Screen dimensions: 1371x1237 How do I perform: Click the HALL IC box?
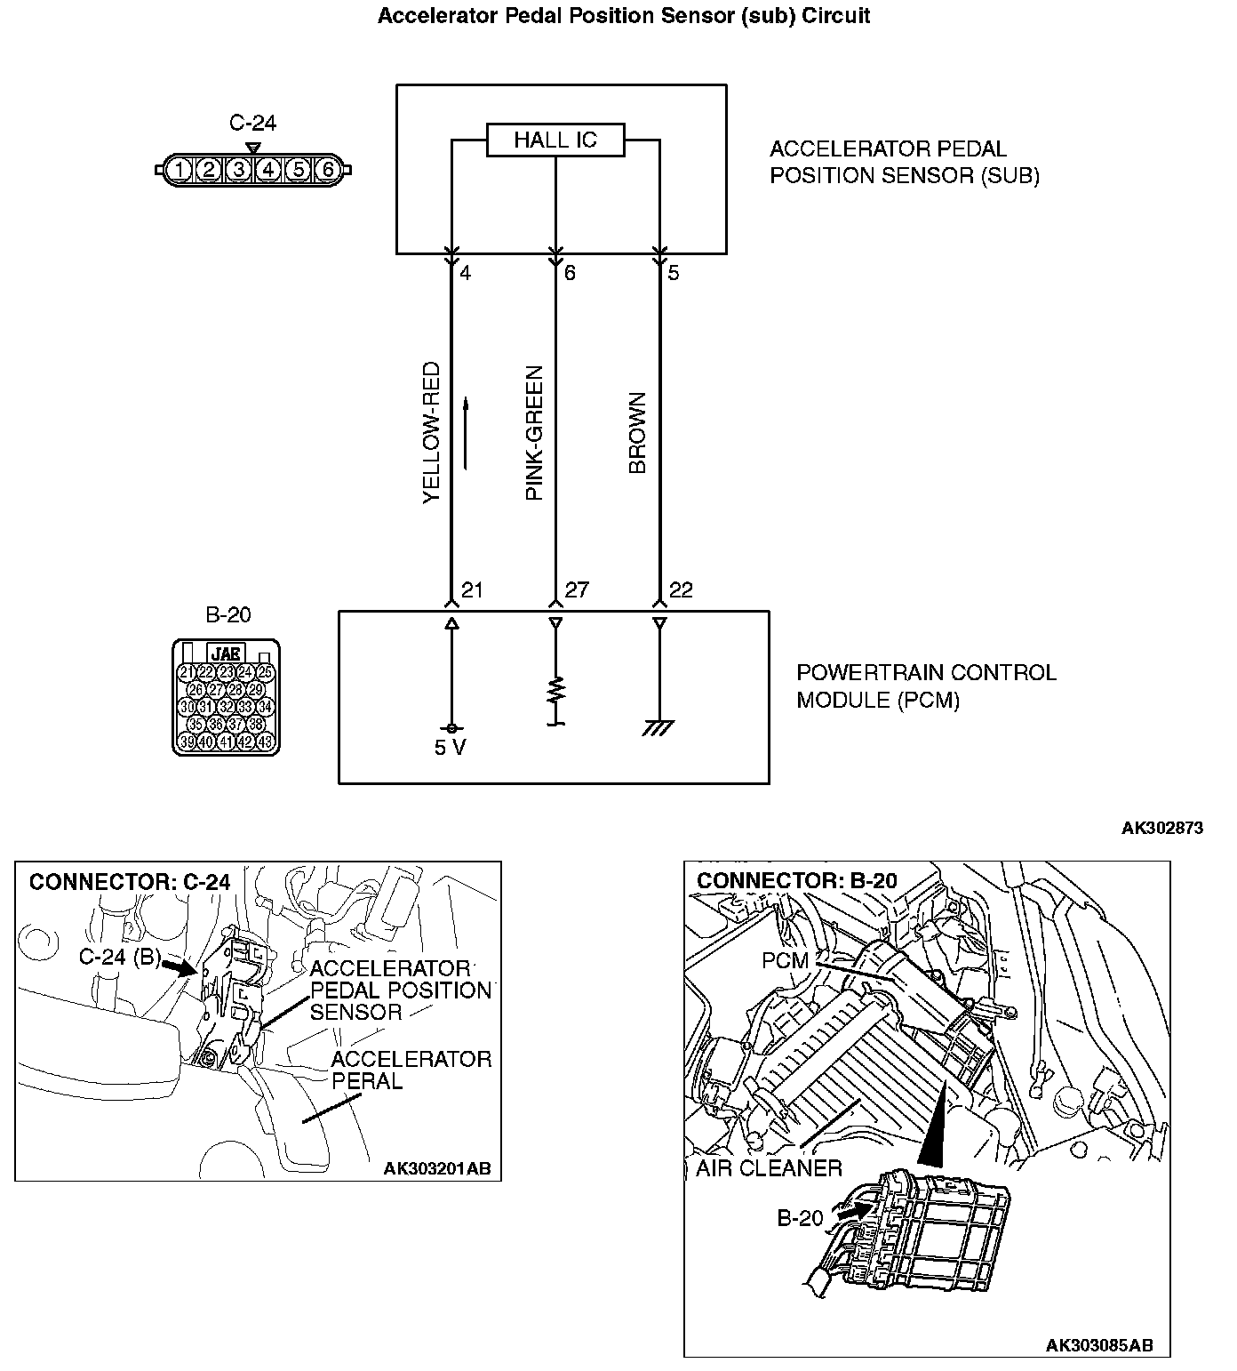555,140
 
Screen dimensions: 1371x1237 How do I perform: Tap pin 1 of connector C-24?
180,169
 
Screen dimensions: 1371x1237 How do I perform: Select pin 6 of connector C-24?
327,169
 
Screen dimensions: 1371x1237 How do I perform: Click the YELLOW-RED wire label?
431,432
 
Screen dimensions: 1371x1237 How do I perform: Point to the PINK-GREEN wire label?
534,433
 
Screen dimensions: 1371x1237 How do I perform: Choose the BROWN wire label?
637,433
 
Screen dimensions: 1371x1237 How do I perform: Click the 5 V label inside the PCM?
450,748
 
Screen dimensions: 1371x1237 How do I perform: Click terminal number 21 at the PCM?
472,590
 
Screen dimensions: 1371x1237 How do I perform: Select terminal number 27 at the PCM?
576,590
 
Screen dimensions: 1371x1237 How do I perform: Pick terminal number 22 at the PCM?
680,590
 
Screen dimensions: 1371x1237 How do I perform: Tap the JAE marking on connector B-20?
227,653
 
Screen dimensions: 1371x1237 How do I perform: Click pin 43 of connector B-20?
265,742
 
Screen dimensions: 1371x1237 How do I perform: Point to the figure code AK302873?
1161,828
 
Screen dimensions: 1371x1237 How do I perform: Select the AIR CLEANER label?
769,1167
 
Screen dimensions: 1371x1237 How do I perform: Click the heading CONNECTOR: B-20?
796,881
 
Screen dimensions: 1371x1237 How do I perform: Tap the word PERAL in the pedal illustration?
367,1081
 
